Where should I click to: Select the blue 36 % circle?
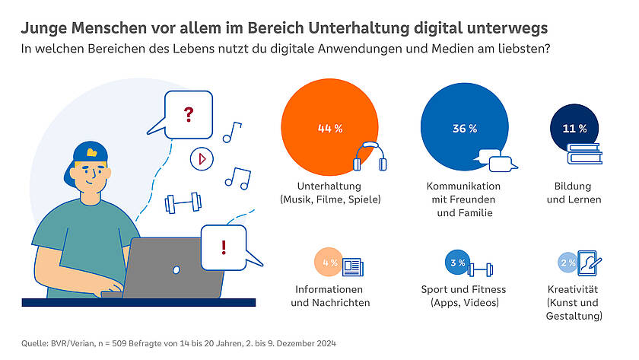(464, 127)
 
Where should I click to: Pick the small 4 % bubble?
(329, 263)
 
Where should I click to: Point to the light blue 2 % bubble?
(567, 263)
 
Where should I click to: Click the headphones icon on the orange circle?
(370, 157)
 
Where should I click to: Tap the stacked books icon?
(584, 155)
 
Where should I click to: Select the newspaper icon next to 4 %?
(352, 267)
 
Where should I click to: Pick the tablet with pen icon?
(589, 263)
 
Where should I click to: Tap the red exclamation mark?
(223, 246)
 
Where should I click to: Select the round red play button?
(202, 158)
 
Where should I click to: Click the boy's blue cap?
(92, 154)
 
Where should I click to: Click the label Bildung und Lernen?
(574, 193)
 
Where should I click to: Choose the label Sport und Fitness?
(463, 289)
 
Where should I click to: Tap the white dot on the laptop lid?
(176, 269)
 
